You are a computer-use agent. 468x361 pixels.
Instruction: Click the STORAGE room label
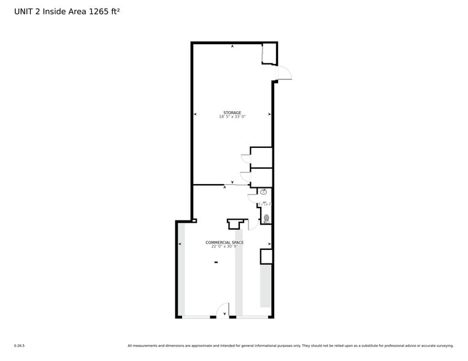click(232, 113)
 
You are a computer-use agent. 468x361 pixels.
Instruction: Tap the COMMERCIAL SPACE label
click(224, 243)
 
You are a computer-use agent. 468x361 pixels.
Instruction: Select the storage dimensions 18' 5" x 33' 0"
click(232, 117)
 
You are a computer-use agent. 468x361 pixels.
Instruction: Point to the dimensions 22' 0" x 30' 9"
click(224, 246)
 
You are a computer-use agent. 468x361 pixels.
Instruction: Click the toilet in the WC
click(266, 218)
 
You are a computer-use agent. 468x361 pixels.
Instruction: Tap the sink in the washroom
click(264, 192)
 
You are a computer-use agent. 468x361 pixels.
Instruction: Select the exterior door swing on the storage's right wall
click(284, 74)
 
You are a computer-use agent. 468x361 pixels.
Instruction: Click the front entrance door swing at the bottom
click(223, 311)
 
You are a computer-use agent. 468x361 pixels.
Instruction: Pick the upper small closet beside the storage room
click(261, 157)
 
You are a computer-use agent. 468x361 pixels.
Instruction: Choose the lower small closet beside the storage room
click(261, 177)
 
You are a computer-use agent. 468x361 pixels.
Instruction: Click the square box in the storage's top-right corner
click(269, 54)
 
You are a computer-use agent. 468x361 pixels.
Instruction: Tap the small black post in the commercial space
click(216, 262)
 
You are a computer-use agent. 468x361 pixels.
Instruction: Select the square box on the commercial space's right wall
click(266, 257)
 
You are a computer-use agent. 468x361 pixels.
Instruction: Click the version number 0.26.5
click(19, 346)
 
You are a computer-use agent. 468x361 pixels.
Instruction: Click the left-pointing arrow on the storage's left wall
click(196, 114)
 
